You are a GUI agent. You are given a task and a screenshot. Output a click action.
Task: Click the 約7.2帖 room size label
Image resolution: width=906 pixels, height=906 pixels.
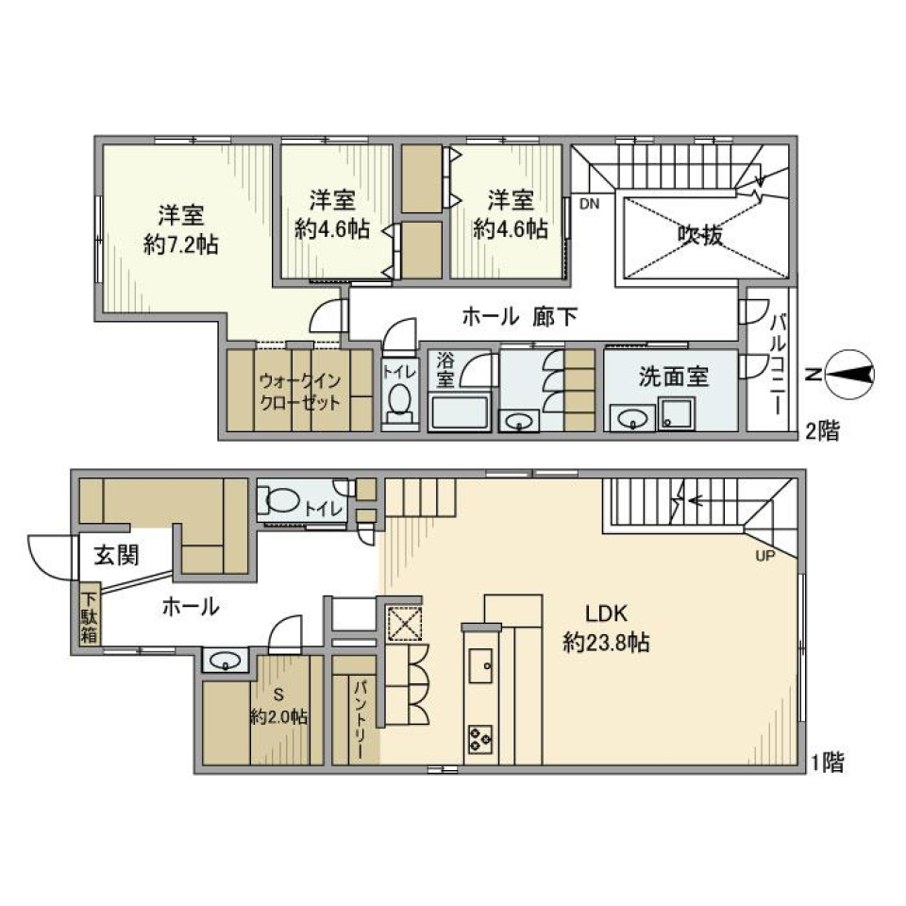(x=182, y=244)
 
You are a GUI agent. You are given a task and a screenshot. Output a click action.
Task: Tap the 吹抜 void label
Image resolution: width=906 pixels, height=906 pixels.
(x=700, y=235)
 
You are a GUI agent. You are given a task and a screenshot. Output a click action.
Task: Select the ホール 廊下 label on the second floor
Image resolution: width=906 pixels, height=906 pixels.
(x=519, y=317)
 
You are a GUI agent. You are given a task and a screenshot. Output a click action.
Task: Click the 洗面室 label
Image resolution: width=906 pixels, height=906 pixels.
(x=674, y=377)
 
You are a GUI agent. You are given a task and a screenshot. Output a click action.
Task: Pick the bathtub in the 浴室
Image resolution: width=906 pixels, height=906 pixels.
(x=458, y=411)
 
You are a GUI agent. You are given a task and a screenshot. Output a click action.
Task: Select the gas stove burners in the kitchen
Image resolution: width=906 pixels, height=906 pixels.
(x=478, y=737)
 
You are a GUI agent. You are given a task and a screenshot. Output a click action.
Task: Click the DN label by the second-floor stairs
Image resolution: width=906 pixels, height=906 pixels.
(x=589, y=203)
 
